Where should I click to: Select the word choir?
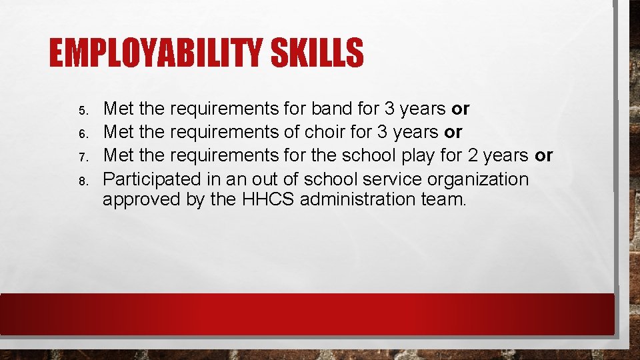[323, 132]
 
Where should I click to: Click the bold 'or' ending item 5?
[461, 109]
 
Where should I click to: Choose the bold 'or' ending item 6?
[453, 133]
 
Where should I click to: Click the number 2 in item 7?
[471, 156]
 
